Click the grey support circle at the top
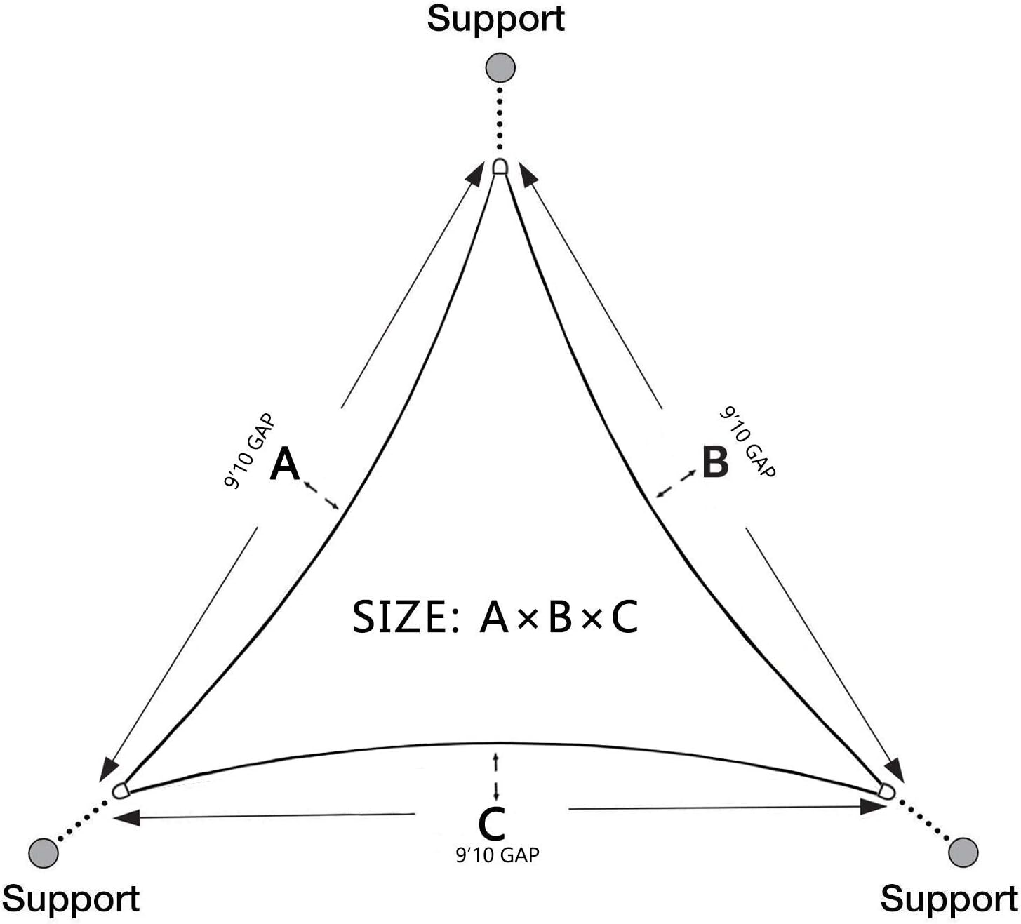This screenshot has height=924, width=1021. click(x=500, y=67)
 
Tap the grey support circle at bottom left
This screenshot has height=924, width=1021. click(x=44, y=852)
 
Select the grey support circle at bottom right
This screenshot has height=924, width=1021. click(x=963, y=852)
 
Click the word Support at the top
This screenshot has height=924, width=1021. click(x=495, y=20)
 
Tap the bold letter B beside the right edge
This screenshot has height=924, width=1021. click(x=715, y=462)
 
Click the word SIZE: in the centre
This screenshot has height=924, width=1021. click(x=406, y=617)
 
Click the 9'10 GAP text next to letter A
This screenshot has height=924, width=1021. click(x=249, y=451)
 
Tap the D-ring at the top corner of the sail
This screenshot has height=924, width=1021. click(x=500, y=167)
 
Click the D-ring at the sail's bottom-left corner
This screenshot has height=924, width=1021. click(x=121, y=791)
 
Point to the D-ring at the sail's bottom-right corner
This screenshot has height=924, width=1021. click(x=887, y=791)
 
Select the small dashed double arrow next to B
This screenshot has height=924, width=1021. click(x=676, y=483)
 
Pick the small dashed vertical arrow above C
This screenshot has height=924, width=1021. click(x=495, y=777)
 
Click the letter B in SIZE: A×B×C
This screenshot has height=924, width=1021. click(x=560, y=617)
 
